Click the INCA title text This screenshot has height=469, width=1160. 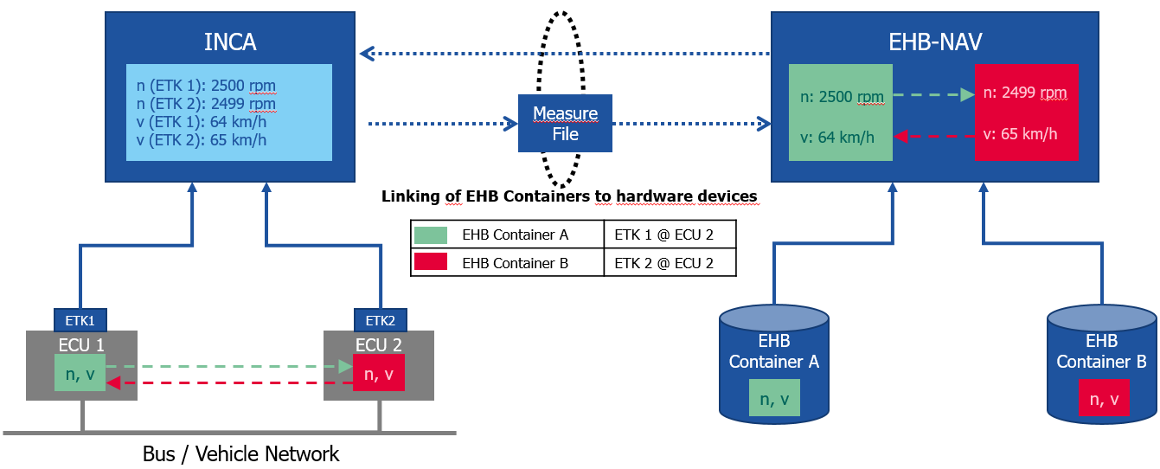coord(230,42)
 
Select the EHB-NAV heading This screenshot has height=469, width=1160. coord(935,42)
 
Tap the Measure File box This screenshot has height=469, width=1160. coord(565,124)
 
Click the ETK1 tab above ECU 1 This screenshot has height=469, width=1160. coord(80,319)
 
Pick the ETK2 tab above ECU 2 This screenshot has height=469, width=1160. coord(381,319)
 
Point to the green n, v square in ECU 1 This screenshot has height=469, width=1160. coord(80,374)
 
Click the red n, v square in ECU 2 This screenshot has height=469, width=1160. coord(379,374)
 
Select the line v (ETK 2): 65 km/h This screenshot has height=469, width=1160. coord(200,140)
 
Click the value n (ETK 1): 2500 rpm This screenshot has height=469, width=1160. coord(206,86)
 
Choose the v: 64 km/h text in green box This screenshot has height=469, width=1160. coord(836,137)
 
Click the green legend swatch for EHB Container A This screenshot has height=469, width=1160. coord(431,234)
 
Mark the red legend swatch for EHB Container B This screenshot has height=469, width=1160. coord(431,262)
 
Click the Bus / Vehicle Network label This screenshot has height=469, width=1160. coord(241,453)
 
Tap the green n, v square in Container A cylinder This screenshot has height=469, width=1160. coord(774,399)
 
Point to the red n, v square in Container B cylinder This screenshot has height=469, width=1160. coord(1103,399)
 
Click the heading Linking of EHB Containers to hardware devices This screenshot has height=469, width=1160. coord(569,196)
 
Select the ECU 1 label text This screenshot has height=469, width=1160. coord(81,344)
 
